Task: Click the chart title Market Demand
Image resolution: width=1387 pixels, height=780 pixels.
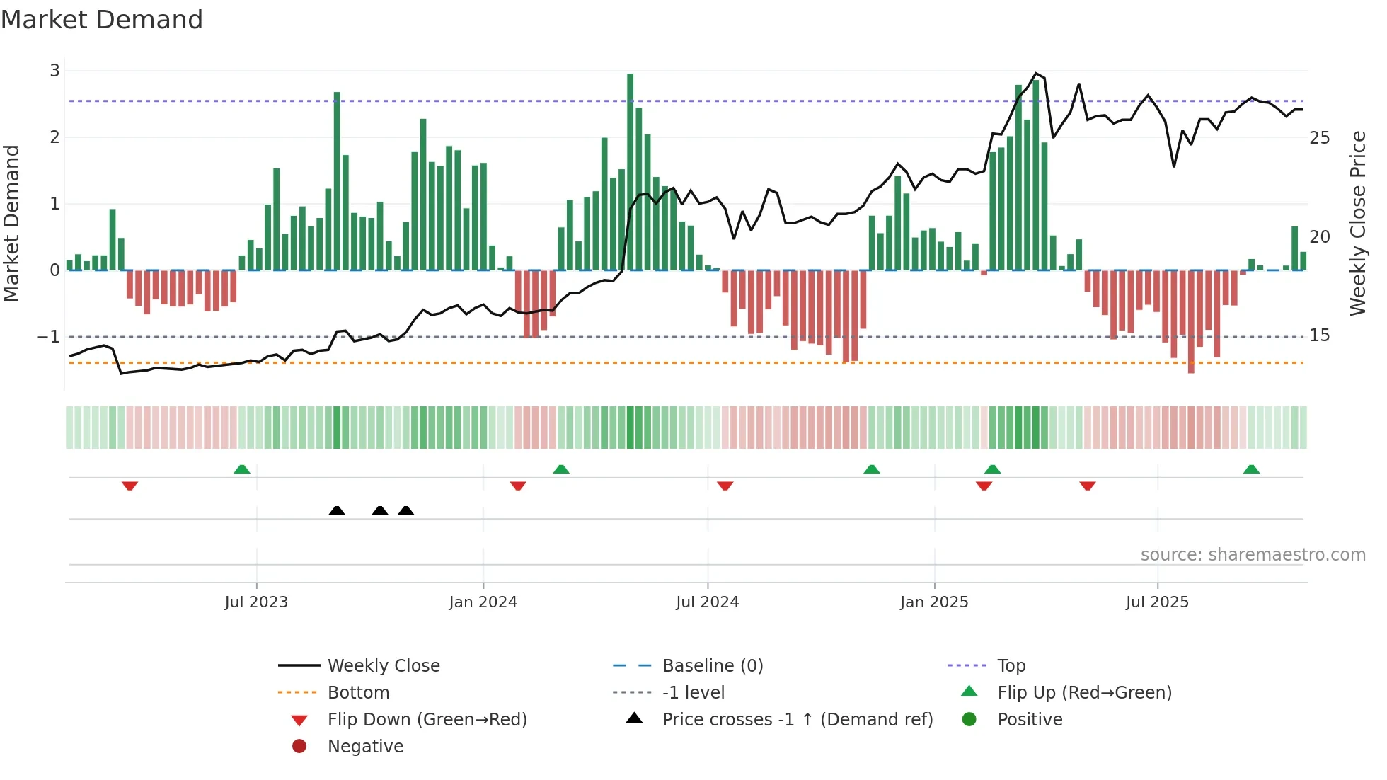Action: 102,20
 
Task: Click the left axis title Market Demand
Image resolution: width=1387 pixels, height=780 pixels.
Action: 12,224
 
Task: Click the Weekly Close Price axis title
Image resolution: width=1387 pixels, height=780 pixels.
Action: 1357,224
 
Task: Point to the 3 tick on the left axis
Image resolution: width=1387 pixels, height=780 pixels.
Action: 54,71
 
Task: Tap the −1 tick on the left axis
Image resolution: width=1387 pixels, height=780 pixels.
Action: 49,337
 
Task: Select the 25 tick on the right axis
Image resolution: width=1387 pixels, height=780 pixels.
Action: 1319,138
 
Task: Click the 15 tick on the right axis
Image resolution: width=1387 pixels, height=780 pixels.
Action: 1319,335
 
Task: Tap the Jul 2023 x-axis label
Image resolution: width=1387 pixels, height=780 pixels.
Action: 256,602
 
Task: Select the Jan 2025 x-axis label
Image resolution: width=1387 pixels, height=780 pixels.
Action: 934,602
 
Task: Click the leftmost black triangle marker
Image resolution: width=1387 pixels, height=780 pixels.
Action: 337,510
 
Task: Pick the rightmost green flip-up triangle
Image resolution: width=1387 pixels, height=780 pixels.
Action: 1251,469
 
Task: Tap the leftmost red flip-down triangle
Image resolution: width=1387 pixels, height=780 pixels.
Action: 130,486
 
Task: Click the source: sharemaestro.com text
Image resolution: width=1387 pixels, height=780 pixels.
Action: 1253,555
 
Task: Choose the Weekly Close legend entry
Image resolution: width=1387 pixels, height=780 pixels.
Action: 383,666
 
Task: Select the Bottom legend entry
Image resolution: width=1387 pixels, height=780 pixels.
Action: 358,693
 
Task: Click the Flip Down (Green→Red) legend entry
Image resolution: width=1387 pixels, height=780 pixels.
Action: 427,720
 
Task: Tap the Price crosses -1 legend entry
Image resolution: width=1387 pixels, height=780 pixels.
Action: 797,720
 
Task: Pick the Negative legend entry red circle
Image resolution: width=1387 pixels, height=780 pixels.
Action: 299,747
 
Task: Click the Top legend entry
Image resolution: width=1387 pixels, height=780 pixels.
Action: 1011,666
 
